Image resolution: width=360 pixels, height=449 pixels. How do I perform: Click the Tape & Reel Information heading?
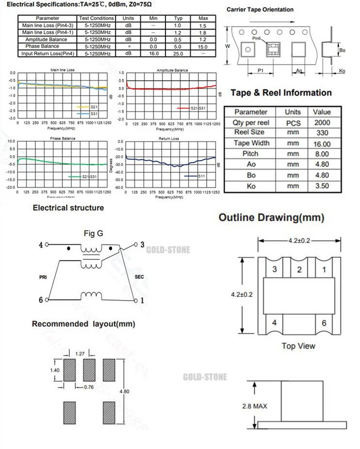(x=281, y=93)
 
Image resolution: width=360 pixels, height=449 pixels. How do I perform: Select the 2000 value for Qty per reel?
(x=322, y=123)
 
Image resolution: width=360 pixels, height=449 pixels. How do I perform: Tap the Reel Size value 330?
(x=322, y=133)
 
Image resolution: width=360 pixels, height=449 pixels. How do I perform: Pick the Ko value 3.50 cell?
(x=322, y=185)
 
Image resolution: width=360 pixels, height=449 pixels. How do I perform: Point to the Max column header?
(x=203, y=18)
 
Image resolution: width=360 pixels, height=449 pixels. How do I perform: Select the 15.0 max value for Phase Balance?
(x=203, y=47)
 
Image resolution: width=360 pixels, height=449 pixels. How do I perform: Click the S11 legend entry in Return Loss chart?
(x=202, y=176)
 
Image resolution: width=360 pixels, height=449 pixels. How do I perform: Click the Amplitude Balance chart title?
(x=172, y=70)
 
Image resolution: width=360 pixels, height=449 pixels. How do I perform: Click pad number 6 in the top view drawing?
(x=324, y=322)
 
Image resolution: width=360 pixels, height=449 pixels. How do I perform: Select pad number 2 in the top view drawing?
(x=299, y=269)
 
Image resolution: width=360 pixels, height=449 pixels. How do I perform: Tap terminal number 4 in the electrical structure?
(x=41, y=245)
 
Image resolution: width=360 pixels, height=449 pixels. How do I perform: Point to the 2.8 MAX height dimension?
(x=255, y=406)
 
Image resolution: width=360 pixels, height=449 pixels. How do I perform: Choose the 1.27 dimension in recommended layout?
(x=81, y=353)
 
